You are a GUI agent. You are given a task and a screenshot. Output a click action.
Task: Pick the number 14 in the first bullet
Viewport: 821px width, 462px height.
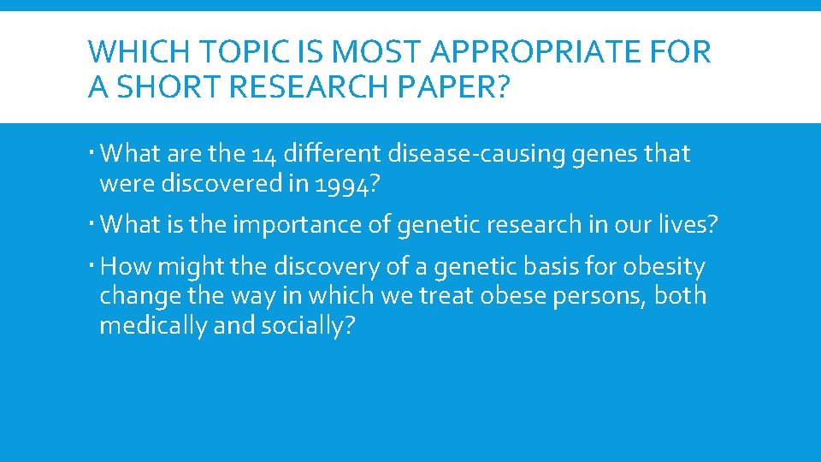[x=266, y=155]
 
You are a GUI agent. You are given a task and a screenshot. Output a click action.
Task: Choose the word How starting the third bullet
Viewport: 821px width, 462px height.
[x=125, y=267]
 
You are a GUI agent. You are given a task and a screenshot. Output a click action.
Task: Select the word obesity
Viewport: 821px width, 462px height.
[x=664, y=268]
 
